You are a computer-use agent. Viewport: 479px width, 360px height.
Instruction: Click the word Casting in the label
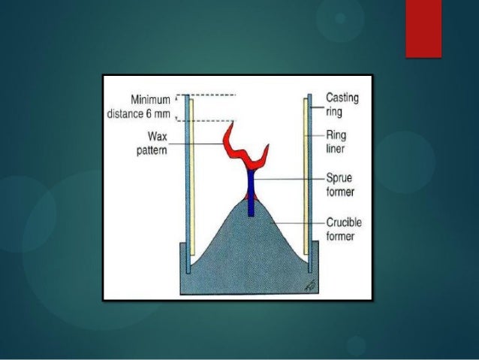341,97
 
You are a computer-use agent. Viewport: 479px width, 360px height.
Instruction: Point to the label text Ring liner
336,144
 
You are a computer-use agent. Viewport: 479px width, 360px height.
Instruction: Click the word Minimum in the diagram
150,99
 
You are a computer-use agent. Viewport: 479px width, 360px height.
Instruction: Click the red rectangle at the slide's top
423,29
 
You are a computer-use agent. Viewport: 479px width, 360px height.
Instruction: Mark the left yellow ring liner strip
192,180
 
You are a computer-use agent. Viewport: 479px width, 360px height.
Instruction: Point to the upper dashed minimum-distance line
206,95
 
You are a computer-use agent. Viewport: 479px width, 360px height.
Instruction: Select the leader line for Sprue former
289,180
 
